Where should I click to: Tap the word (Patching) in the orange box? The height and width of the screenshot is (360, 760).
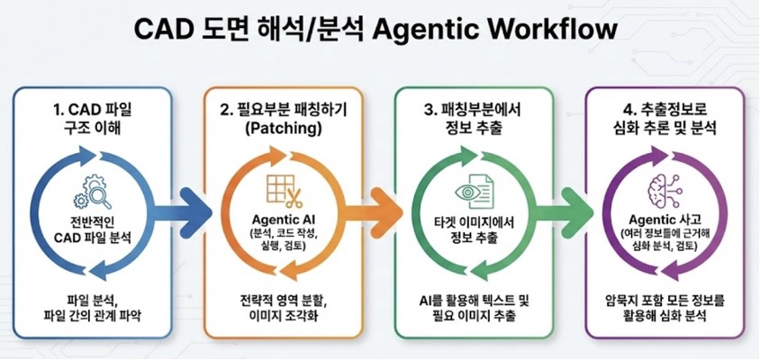[282, 131]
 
